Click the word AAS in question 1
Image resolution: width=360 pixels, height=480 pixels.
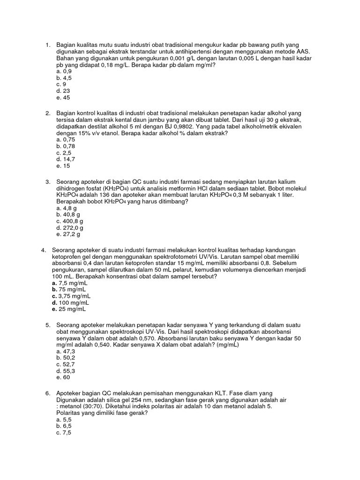pos(303,52)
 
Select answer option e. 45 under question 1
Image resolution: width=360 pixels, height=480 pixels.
pos(63,97)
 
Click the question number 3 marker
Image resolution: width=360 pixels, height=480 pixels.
pos(48,181)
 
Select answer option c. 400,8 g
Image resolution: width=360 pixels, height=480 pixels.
pos(69,221)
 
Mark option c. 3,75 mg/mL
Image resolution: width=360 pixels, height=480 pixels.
pos(71,296)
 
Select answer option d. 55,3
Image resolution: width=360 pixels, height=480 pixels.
pos(65,370)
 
